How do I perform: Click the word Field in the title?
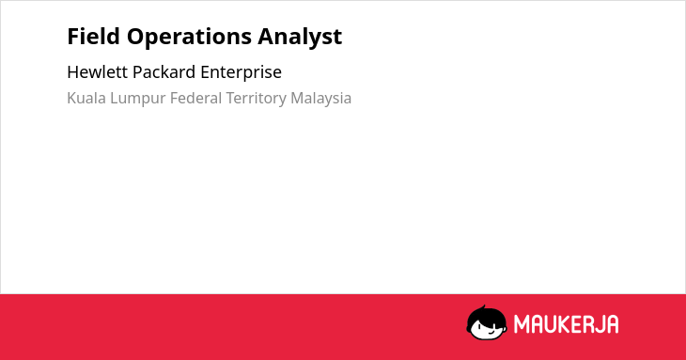pyautogui.click(x=93, y=36)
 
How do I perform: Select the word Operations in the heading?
pyautogui.click(x=189, y=38)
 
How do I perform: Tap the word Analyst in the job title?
pyautogui.click(x=300, y=38)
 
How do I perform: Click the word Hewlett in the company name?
pyautogui.click(x=97, y=72)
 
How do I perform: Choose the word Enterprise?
pyautogui.click(x=242, y=73)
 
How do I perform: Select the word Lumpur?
pyautogui.click(x=138, y=100)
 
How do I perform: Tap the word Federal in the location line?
pyautogui.click(x=196, y=98)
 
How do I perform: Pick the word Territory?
pyautogui.click(x=256, y=100)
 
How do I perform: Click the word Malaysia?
pyautogui.click(x=321, y=100)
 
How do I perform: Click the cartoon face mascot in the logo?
pyautogui.click(x=487, y=322)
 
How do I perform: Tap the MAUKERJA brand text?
pyautogui.click(x=566, y=324)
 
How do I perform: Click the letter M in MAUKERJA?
pyautogui.click(x=522, y=324)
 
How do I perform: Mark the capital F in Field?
pyautogui.click(x=73, y=37)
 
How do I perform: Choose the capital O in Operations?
pyautogui.click(x=135, y=37)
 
